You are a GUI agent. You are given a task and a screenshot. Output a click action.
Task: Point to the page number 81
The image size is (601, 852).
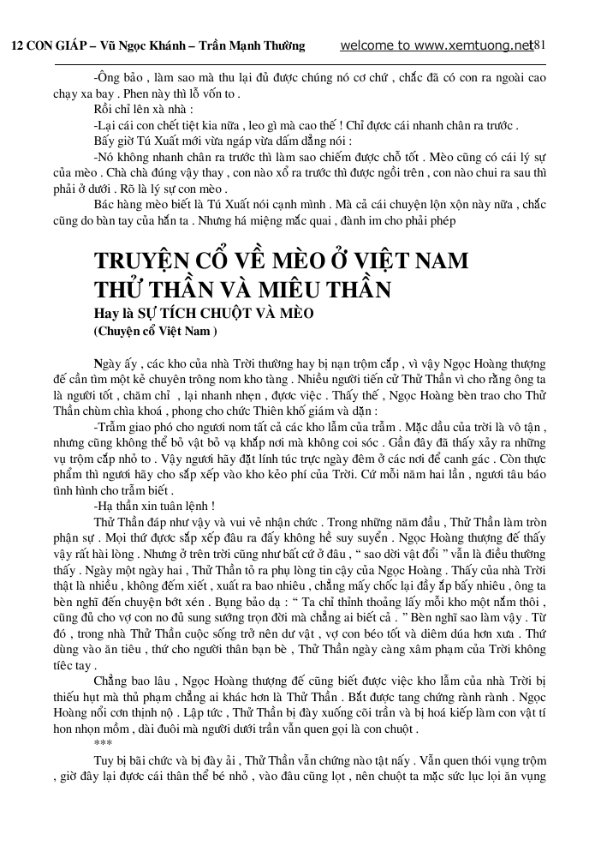pyautogui.click(x=539, y=45)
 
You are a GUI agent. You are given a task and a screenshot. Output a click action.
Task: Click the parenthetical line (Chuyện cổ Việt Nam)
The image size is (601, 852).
pyautogui.click(x=155, y=330)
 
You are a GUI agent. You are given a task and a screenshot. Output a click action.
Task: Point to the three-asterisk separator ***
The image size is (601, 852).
pyautogui.click(x=103, y=743)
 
